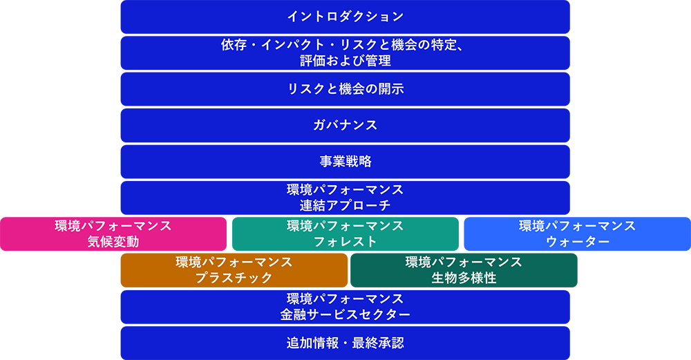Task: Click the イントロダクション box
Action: (345, 17)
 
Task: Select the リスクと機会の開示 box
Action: (345, 89)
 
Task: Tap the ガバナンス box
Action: (345, 126)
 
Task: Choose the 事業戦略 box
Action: (345, 162)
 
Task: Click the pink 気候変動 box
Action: (113, 234)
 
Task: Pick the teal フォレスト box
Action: (345, 234)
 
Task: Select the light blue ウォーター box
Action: (577, 234)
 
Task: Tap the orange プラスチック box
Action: (234, 270)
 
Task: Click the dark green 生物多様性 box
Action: (464, 270)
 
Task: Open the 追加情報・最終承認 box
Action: (345, 343)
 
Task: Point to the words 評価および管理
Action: (345, 61)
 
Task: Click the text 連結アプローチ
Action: (345, 205)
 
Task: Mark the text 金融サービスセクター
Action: (345, 314)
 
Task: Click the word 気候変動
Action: (113, 242)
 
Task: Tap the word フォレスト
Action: (345, 242)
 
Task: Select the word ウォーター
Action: (577, 242)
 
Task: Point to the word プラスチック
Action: (234, 278)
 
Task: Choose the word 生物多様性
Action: (464, 278)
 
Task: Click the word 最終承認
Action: (378, 343)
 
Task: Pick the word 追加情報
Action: (312, 343)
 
